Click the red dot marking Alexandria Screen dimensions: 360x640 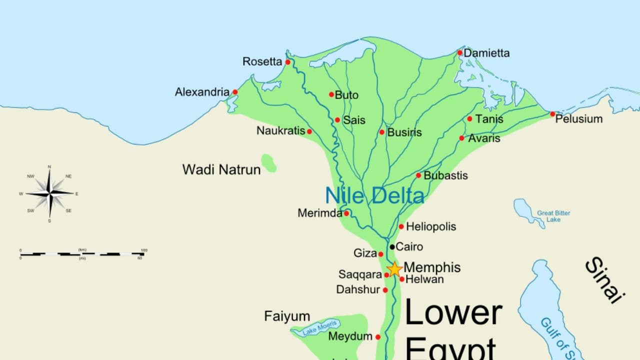point(235,92)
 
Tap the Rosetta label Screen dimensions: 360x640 point(262,61)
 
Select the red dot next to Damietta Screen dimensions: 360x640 point(460,52)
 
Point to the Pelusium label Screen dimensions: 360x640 point(579,119)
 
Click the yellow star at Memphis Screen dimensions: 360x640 point(394,269)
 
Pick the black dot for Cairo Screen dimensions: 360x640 point(392,246)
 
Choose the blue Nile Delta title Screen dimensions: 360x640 point(374,195)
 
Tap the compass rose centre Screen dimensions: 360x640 point(49,192)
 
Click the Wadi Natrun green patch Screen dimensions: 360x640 point(269,163)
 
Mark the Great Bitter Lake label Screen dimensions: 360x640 point(553,216)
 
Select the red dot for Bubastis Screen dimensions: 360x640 point(418,175)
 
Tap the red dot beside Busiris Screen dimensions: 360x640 point(382,132)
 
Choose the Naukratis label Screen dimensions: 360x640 point(280,130)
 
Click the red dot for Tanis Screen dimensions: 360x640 point(469,119)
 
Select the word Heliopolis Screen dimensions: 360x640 point(431,226)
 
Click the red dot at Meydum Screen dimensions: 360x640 point(378,337)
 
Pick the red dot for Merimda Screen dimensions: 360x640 point(346,213)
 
